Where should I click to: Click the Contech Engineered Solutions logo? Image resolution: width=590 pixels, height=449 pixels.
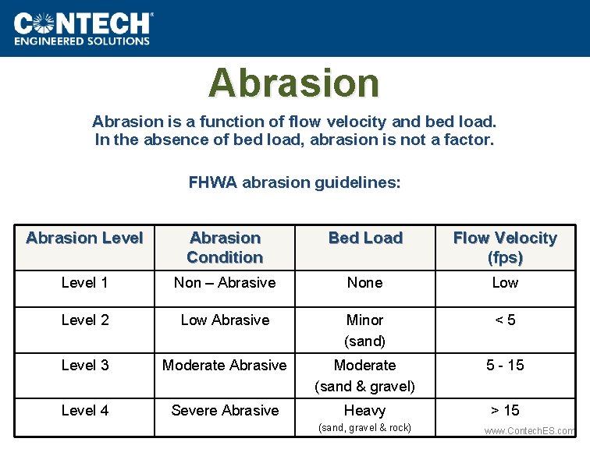pyautogui.click(x=84, y=28)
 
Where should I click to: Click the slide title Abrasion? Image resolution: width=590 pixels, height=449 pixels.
pyautogui.click(x=293, y=83)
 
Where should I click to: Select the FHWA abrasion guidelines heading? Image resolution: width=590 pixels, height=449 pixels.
pyautogui.click(x=294, y=182)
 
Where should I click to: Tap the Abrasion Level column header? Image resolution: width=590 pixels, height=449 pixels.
pyautogui.click(x=84, y=238)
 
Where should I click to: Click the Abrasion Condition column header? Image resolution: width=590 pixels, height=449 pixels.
pyautogui.click(x=225, y=247)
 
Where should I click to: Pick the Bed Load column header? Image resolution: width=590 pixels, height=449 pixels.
pyautogui.click(x=365, y=238)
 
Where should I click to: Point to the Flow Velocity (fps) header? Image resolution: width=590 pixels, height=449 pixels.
pyautogui.click(x=505, y=247)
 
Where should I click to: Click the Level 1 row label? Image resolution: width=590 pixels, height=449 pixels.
pyautogui.click(x=84, y=283)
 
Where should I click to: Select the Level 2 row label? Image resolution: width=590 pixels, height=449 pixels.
pyautogui.click(x=84, y=320)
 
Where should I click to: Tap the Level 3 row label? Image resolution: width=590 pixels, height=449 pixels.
pyautogui.click(x=84, y=365)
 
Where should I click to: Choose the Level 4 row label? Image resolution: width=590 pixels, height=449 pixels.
pyautogui.click(x=84, y=410)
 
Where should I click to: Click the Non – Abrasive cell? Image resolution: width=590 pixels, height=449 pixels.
pyautogui.click(x=225, y=283)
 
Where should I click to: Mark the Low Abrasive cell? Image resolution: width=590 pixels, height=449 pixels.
pyautogui.click(x=225, y=320)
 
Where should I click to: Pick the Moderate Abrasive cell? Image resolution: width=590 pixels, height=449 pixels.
pyautogui.click(x=225, y=365)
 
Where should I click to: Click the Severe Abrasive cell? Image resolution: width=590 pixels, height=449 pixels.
pyautogui.click(x=225, y=410)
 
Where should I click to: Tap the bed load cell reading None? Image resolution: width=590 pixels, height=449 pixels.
pyautogui.click(x=365, y=283)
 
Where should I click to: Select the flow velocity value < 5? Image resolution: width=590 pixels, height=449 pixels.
pyautogui.click(x=505, y=320)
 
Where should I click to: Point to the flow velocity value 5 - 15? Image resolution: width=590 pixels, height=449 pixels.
pyautogui.click(x=505, y=365)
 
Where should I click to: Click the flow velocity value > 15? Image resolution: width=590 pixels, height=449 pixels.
pyautogui.click(x=505, y=410)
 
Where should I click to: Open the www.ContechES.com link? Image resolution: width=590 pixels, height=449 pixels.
pyautogui.click(x=529, y=431)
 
